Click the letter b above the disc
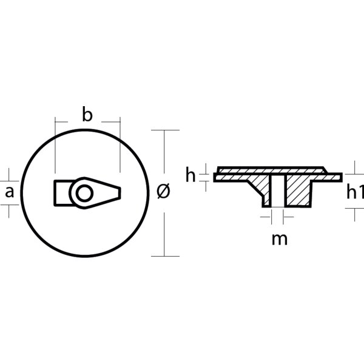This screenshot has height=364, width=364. click(x=87, y=115)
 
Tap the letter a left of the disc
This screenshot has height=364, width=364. click(x=9, y=193)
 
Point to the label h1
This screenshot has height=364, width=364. click(x=354, y=192)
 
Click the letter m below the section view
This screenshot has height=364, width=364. click(x=279, y=238)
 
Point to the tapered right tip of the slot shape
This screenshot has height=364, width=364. click(x=116, y=192)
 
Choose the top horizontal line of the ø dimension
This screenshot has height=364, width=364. click(x=165, y=130)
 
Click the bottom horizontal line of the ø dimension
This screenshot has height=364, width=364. click(x=165, y=256)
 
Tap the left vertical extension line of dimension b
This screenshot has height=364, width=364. click(x=55, y=146)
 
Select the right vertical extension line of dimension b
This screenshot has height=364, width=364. click(x=120, y=146)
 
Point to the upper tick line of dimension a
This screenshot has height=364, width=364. click(x=9, y=180)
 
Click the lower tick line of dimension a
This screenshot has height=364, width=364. click(x=9, y=206)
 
